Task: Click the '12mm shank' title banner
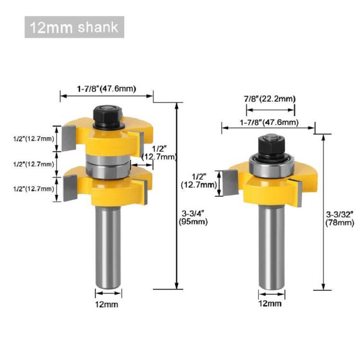click(74, 27)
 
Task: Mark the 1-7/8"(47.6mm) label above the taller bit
click(107, 88)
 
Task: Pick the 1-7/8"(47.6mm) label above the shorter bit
click(268, 122)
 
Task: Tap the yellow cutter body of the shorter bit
click(270, 189)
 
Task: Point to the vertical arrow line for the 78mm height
click(323, 211)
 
